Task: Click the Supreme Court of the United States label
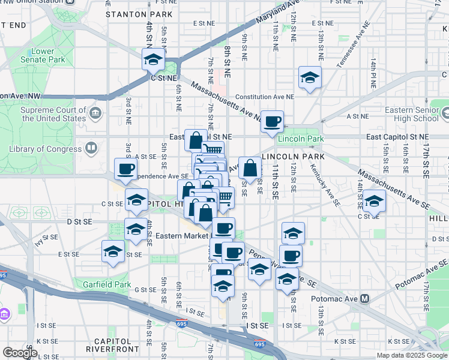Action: tap(53, 114)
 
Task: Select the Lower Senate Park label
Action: tap(42, 56)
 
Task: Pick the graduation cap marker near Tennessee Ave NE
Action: tap(310, 77)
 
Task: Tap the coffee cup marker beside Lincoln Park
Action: tap(272, 122)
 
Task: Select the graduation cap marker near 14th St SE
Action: tap(373, 202)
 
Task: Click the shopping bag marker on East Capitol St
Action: tap(196, 142)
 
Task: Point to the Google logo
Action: tap(19, 353)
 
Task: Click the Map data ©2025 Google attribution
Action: tap(411, 355)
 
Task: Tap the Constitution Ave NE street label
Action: tap(265, 97)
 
